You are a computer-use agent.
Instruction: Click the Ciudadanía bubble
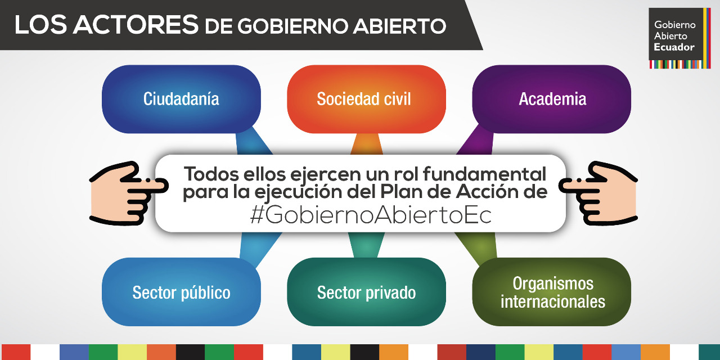[x=181, y=99]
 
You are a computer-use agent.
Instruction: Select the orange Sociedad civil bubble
[x=366, y=99]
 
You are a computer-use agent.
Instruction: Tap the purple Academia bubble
[x=552, y=99]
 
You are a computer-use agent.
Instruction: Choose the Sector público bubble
[x=181, y=292]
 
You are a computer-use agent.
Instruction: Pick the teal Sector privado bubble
[x=366, y=292]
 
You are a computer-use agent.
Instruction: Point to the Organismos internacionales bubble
[x=552, y=292]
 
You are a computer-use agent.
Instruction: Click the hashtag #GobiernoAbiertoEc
[x=371, y=215]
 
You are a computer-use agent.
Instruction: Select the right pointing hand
[x=598, y=193]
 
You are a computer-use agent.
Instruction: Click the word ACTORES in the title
[x=136, y=25]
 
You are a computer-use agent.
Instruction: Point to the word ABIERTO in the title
[x=399, y=26]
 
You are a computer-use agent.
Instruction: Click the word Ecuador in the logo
[x=674, y=47]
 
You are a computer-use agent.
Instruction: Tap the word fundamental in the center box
[x=484, y=174]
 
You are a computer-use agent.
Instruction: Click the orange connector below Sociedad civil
[x=366, y=144]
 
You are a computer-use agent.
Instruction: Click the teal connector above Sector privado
[x=366, y=245]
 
